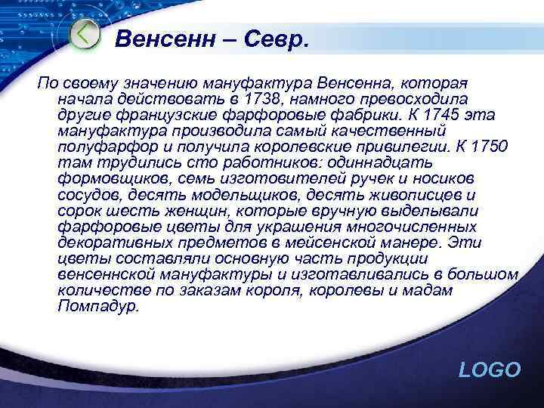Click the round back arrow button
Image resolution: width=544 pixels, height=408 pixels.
[x=85, y=35]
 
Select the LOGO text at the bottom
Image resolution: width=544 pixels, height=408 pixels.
[x=490, y=369]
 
